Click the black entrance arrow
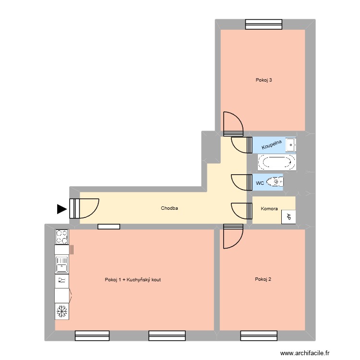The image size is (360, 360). pyautogui.click(x=61, y=209)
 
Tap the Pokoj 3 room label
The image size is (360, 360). pyautogui.click(x=264, y=80)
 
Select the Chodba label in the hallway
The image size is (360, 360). pyautogui.click(x=169, y=208)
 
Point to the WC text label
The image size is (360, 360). pyautogui.click(x=260, y=183)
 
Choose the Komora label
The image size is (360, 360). pyautogui.click(x=269, y=209)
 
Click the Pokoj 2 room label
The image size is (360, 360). pyautogui.click(x=264, y=279)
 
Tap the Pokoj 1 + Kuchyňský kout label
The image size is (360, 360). pyautogui.click(x=132, y=279)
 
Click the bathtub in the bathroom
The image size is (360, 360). pyautogui.click(x=277, y=162)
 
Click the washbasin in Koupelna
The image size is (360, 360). pyautogui.click(x=290, y=144)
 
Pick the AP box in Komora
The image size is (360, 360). pyautogui.click(x=288, y=216)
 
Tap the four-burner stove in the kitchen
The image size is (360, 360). pyautogui.click(x=62, y=236)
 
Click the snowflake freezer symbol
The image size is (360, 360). pyautogui.click(x=62, y=312)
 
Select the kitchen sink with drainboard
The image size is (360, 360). pyautogui.click(x=62, y=264)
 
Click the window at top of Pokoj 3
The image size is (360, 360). pyautogui.click(x=263, y=24)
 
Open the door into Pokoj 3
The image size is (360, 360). pyautogui.click(x=233, y=123)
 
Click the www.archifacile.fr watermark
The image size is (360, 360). pyautogui.click(x=305, y=353)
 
